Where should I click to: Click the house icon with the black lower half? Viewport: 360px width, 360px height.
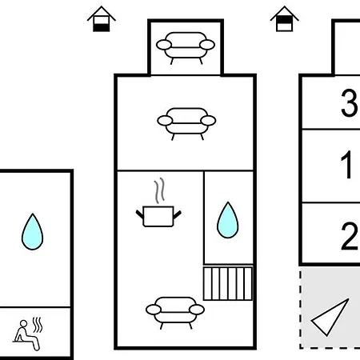(x=102, y=19)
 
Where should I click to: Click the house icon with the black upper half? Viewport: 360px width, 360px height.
(x=284, y=19)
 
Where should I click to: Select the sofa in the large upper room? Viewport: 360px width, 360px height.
(x=186, y=124)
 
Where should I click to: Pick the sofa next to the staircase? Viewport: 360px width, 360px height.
(x=175, y=313)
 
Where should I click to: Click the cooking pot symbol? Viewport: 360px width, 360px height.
(x=158, y=217)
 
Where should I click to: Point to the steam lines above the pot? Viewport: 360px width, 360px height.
(x=159, y=190)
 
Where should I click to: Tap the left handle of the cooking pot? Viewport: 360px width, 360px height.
(x=140, y=214)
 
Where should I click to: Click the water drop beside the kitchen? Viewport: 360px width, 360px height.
(x=228, y=220)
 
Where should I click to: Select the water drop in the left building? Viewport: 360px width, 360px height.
(x=32, y=232)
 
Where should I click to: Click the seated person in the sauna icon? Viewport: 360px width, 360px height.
(x=26, y=334)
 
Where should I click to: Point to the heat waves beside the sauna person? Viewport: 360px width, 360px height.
(x=38, y=325)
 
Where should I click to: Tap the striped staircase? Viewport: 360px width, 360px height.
(x=228, y=284)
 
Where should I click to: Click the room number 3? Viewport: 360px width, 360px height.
(x=349, y=102)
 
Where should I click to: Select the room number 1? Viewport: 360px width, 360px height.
(x=346, y=165)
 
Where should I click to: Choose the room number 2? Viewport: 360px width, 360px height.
(x=350, y=236)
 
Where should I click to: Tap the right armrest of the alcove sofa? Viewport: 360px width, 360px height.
(x=207, y=45)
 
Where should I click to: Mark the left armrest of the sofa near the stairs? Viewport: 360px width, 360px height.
(x=154, y=310)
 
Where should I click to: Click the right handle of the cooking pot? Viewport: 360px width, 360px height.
(x=178, y=214)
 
